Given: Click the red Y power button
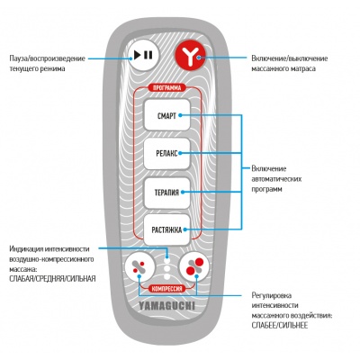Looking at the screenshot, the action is coord(190,55).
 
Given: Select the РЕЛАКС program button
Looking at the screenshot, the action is coord(166,154).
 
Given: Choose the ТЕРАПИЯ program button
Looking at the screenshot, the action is coord(166,193).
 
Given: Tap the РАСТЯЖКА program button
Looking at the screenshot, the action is coord(166,230).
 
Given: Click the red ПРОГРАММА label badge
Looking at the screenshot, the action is coord(167,88).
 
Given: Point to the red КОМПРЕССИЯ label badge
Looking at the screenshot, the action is coord(167,289).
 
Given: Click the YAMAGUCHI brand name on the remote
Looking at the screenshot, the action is coord(166,306).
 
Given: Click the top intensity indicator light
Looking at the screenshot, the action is coord(167,257).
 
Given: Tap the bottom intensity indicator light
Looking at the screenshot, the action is coord(167,276).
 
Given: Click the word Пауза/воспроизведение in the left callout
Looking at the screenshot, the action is coord(47,58).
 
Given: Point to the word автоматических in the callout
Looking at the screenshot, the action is coord(276,179).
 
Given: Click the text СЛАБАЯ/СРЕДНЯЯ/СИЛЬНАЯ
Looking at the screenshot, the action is coord(52,279).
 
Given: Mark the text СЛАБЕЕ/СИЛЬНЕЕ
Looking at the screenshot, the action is coord(280,326).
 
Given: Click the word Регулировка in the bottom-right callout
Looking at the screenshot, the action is coord(272,296).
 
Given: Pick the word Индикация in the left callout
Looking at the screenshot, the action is coord(26,249).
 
